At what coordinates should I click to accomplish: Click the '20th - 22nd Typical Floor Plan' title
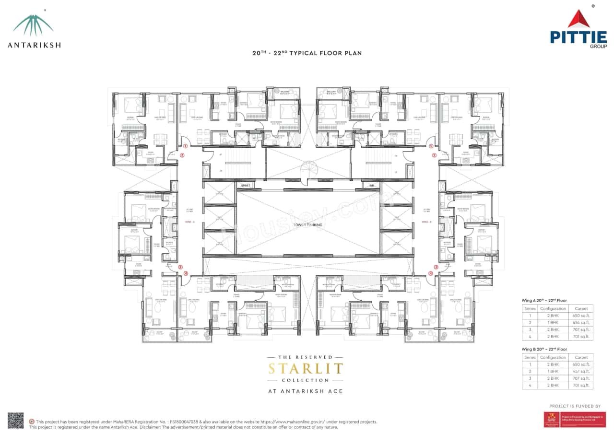307,53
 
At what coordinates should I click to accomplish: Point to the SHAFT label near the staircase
245,184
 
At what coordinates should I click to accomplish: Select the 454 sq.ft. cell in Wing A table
581,322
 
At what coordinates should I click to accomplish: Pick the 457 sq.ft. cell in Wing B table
581,371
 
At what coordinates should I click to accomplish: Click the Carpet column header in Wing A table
581,308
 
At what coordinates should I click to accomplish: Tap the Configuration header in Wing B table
553,357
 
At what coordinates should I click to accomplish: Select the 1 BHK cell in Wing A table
553,322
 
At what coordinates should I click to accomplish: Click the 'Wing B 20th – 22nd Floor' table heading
544,349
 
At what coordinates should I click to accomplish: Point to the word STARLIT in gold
306,369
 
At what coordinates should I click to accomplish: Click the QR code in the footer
15,420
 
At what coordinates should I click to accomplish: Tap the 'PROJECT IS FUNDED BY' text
575,406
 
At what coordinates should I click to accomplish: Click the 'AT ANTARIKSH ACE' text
306,391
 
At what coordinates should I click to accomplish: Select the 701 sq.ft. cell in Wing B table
581,385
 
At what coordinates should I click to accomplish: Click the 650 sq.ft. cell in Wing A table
581,316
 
